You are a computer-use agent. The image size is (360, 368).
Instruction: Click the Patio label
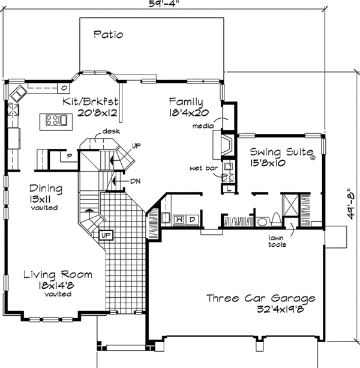click(109, 35)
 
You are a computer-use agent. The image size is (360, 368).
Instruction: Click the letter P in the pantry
click(70, 156)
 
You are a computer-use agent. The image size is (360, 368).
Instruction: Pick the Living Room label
click(58, 275)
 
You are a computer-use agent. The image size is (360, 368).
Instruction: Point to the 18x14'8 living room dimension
click(58, 286)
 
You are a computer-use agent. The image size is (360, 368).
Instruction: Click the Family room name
click(185, 101)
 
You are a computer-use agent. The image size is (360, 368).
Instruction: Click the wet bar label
click(203, 169)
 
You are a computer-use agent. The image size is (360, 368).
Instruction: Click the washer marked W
click(179, 220)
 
